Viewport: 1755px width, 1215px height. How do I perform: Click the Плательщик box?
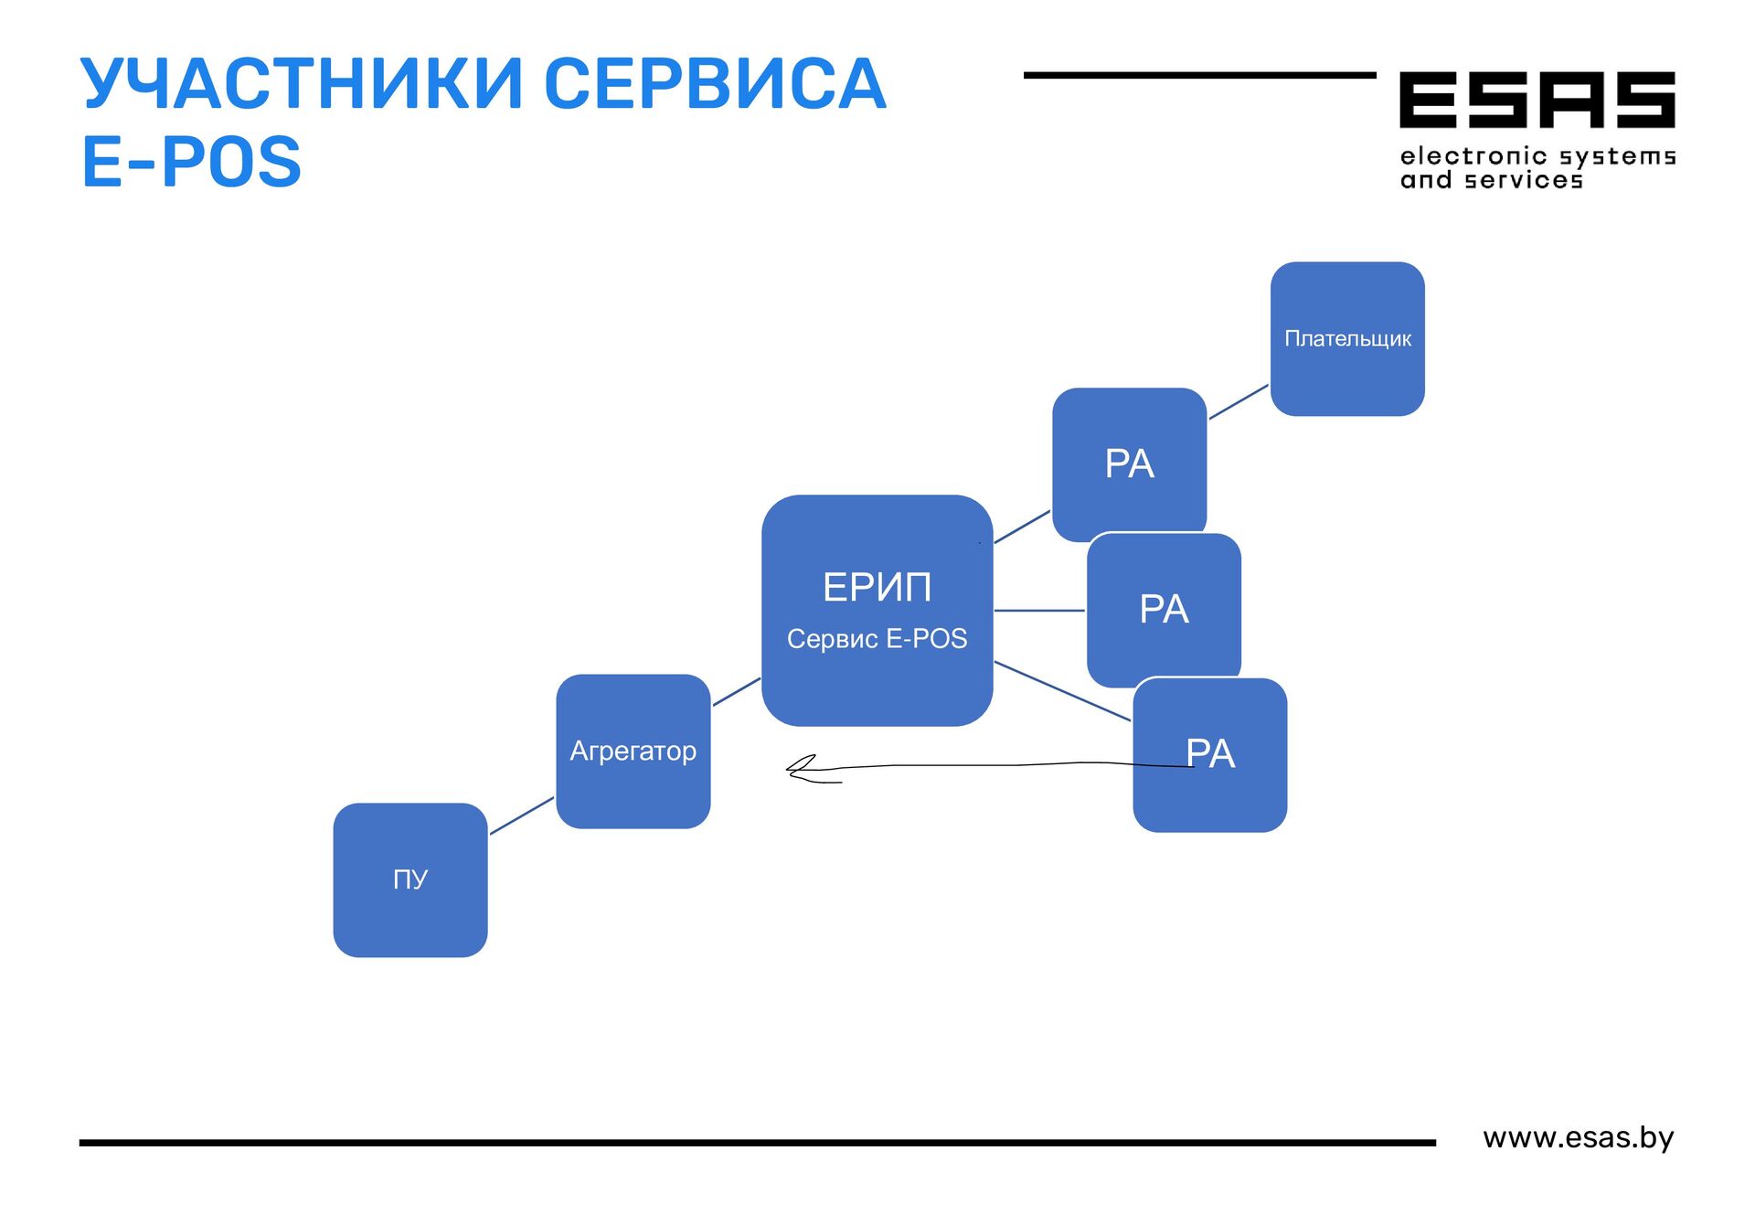pos(1347,338)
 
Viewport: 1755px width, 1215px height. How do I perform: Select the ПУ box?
pos(409,879)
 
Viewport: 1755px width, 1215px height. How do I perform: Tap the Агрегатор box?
pos(633,751)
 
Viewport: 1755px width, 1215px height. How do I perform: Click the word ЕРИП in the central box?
pos(877,587)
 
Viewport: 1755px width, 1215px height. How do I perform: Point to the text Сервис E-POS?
pos(877,638)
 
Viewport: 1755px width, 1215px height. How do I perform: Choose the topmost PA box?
pos(1129,464)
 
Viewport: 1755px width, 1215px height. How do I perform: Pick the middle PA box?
pos(1164,609)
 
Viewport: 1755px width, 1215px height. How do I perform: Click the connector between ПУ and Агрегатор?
pos(521,815)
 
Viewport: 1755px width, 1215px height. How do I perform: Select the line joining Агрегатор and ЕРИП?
pos(736,692)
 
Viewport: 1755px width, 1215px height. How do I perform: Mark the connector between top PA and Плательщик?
pos(1239,402)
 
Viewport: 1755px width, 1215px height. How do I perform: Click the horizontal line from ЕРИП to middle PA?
pos(1039,610)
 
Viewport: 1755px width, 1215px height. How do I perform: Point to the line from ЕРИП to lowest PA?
pos(1062,691)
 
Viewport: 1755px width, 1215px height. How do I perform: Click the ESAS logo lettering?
pos(1537,100)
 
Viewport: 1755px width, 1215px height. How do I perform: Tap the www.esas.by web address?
pos(1578,1137)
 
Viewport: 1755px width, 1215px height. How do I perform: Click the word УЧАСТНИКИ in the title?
pos(302,84)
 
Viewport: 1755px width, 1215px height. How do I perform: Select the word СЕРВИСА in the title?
pos(715,84)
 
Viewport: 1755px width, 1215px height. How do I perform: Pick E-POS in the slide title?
pos(191,162)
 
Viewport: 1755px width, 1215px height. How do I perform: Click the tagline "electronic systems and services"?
pos(1537,168)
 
